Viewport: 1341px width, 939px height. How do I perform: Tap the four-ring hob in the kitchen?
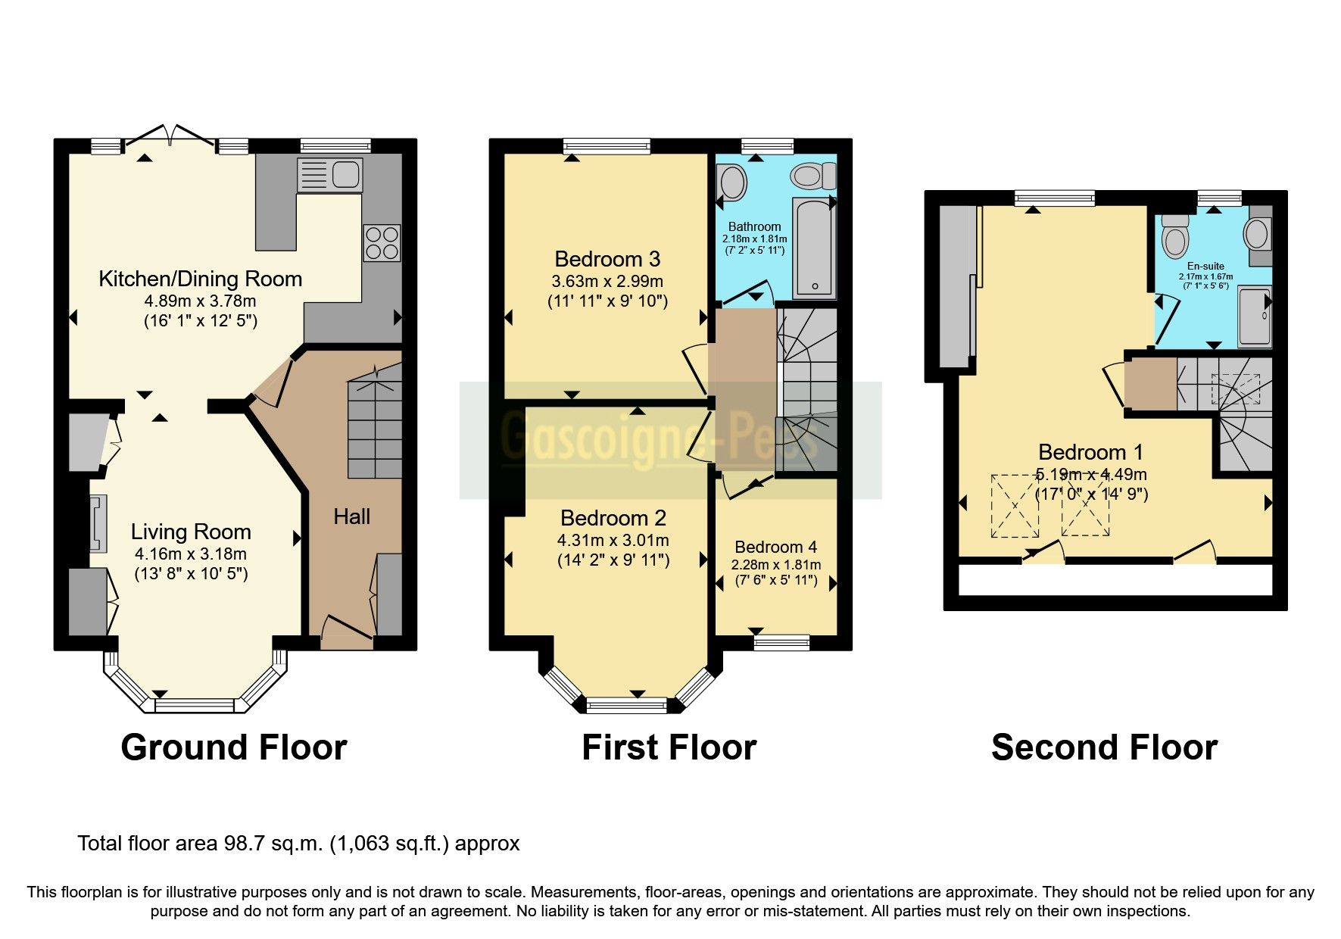coord(382,243)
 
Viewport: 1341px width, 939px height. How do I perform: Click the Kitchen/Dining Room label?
coord(201,279)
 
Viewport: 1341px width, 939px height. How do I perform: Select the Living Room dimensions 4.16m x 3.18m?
coord(191,554)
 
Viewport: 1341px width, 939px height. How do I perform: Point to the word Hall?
coord(352,517)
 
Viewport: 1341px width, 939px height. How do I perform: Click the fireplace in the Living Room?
coord(98,523)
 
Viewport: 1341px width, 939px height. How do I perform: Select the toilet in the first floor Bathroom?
coord(812,176)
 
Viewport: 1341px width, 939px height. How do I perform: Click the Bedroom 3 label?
coord(607,259)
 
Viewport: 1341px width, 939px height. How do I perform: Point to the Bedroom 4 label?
coord(775,547)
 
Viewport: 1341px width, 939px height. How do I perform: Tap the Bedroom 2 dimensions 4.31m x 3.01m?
coord(613,540)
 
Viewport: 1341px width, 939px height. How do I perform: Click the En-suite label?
coord(1205,267)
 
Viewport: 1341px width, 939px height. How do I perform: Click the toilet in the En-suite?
coord(1175,236)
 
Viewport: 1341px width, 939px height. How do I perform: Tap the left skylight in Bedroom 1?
coord(1015,506)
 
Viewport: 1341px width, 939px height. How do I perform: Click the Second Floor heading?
coord(1103,747)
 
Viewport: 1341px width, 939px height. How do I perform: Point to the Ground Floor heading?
coord(233,747)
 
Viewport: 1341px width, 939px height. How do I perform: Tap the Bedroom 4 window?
coord(781,643)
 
